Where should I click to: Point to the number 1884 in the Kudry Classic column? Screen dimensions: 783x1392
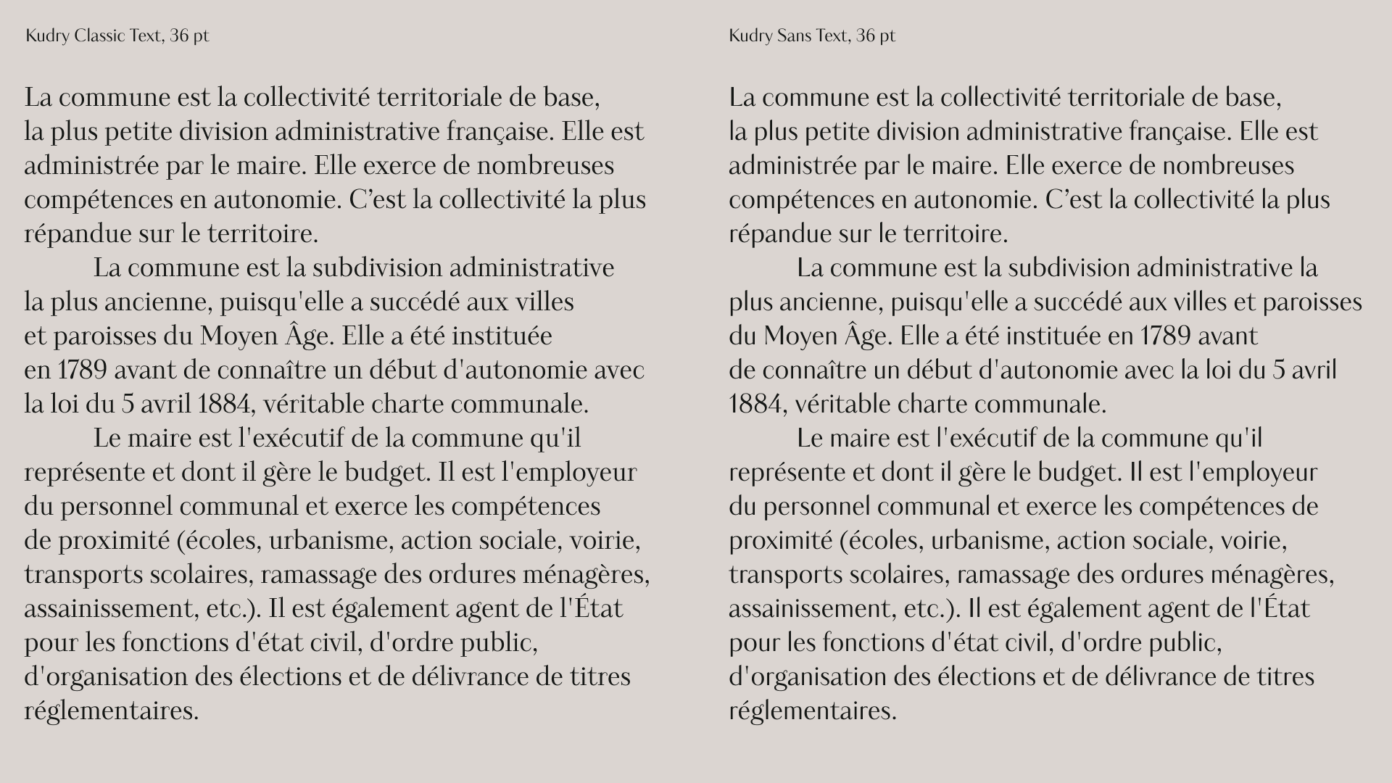(x=225, y=405)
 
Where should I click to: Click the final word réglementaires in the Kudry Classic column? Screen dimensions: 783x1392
(x=111, y=711)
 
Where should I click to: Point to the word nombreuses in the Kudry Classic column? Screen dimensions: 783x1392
(x=546, y=166)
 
